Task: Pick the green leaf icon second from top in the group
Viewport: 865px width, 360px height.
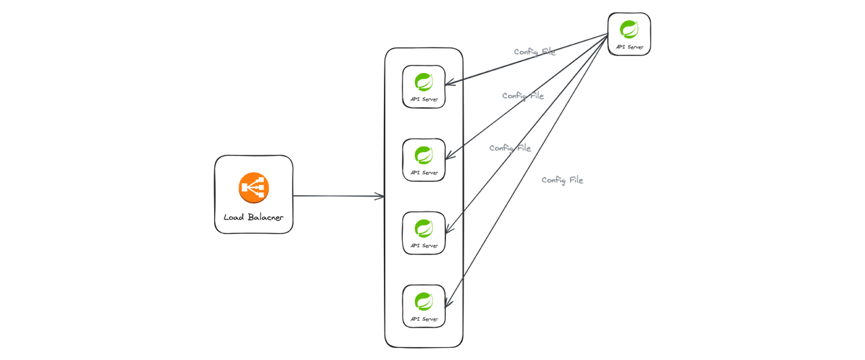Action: (x=424, y=155)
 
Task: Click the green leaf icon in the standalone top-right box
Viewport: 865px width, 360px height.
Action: (x=629, y=30)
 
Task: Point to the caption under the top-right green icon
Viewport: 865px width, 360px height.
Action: (x=629, y=48)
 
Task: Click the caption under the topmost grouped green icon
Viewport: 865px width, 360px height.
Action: (x=424, y=99)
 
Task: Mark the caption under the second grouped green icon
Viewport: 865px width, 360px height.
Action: (x=424, y=172)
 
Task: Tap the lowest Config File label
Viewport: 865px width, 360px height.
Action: (x=562, y=180)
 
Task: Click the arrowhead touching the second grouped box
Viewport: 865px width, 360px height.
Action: (x=451, y=157)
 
